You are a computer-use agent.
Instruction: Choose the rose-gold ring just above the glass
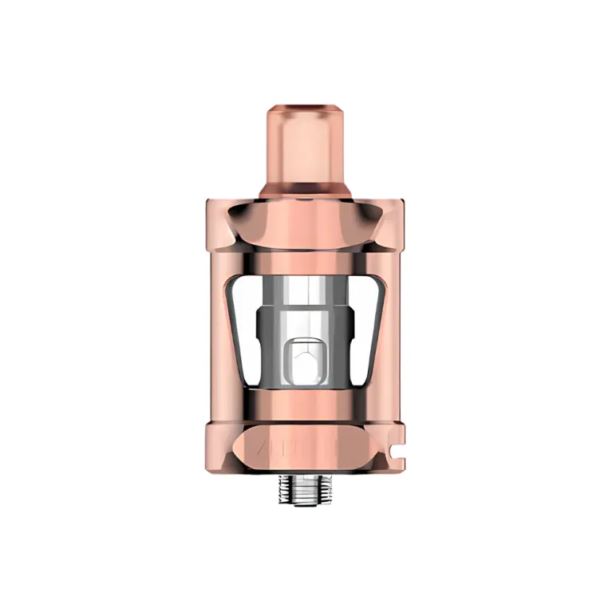click(306, 264)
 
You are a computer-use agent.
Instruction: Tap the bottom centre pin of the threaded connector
click(306, 503)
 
